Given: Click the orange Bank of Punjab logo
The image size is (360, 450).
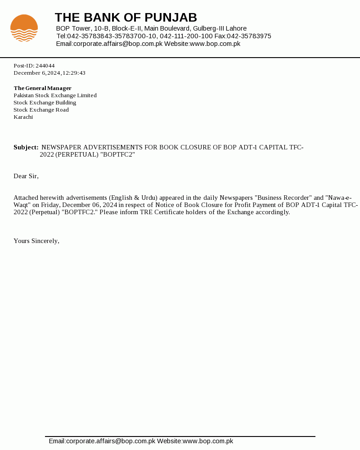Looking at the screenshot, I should point(24,28).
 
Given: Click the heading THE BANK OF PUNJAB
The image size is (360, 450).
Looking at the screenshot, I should point(126,18).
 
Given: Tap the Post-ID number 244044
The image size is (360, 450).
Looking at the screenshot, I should point(45,66).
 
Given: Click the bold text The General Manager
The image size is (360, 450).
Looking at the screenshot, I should point(42,88).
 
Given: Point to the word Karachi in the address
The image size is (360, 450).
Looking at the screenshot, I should point(23,117).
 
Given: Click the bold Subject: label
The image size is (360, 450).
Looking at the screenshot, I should point(26,147).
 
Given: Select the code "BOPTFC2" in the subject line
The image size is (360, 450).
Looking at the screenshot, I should point(117,154).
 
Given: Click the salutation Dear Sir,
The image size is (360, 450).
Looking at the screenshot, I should point(26,176).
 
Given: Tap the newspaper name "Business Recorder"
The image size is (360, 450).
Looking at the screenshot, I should point(283,198).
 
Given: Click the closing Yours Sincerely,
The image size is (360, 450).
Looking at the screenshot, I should point(36,241).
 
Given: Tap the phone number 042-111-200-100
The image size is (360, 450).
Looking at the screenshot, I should point(186,36).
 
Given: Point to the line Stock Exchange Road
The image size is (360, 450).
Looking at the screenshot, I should point(41,110).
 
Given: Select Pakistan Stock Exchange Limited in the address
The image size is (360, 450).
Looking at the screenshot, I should point(55,95).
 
